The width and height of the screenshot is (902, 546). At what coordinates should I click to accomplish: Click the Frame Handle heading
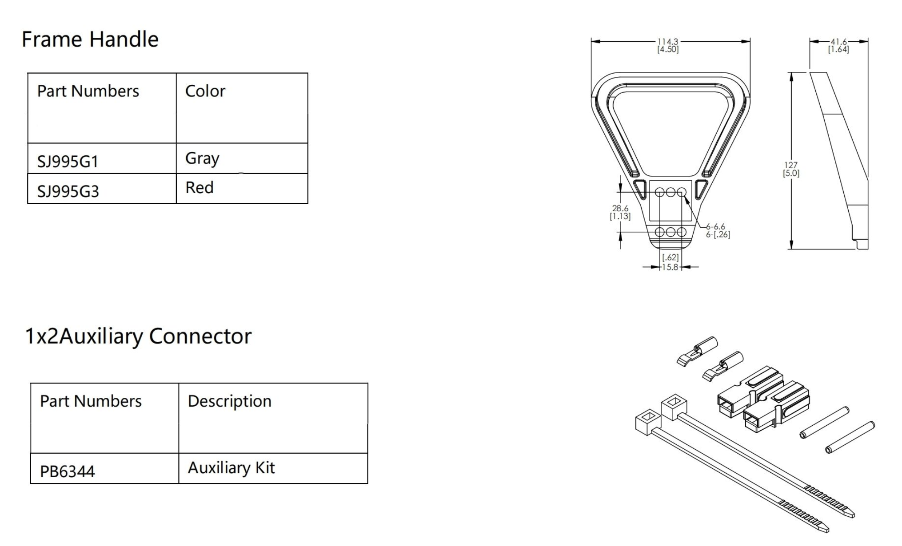(x=90, y=39)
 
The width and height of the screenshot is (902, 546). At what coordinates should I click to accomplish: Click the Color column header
(x=205, y=91)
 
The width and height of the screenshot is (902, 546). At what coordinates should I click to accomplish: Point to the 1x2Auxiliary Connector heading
(x=138, y=336)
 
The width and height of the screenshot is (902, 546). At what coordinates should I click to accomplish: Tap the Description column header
(x=229, y=401)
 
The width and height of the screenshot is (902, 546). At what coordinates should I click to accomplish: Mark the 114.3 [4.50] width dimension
(x=668, y=45)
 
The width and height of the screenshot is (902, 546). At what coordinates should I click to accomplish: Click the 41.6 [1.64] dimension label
(x=838, y=46)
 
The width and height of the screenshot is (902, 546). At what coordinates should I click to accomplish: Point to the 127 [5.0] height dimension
(x=791, y=169)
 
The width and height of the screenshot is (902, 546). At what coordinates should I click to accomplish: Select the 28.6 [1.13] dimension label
(x=620, y=212)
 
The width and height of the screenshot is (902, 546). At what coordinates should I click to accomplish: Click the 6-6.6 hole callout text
(x=715, y=227)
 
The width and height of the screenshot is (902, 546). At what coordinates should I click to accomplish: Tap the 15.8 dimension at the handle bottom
(x=670, y=267)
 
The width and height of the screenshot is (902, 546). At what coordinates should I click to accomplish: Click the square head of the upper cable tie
(x=674, y=406)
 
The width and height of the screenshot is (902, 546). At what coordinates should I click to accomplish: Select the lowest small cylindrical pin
(x=850, y=437)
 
